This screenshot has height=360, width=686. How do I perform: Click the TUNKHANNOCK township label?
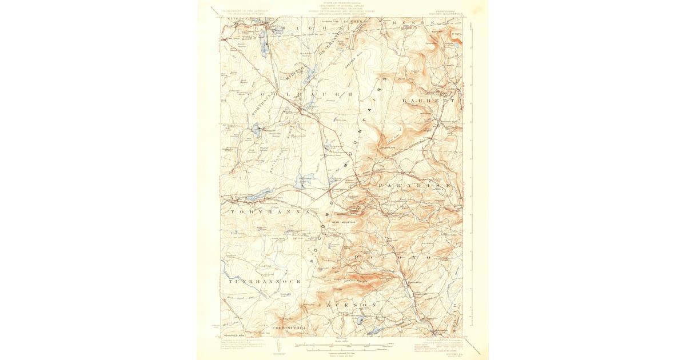click(x=256, y=282)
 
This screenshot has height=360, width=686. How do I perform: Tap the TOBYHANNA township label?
click(x=268, y=211)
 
